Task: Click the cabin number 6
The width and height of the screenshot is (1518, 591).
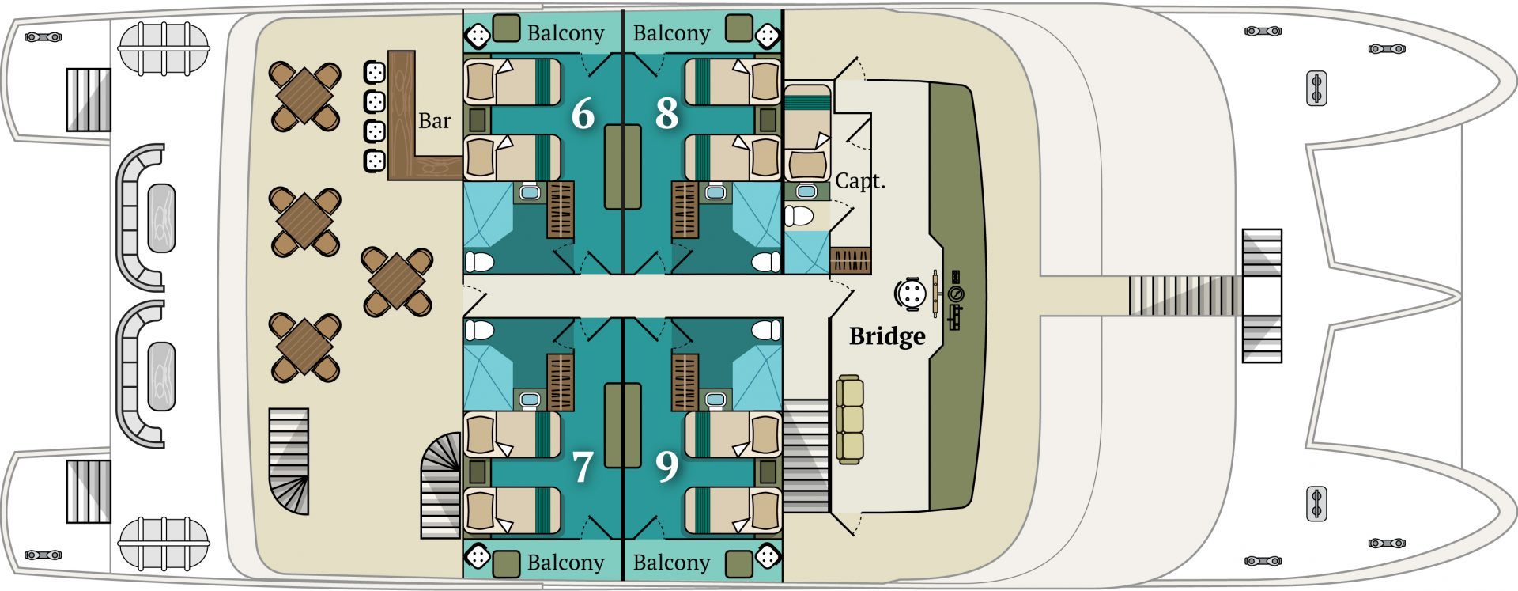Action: (x=583, y=114)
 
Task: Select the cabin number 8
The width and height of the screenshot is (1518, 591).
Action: (x=666, y=114)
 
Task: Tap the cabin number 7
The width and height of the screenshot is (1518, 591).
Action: (x=583, y=467)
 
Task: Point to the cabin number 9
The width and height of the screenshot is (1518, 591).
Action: (x=666, y=467)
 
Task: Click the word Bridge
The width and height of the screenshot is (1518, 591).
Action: (x=887, y=336)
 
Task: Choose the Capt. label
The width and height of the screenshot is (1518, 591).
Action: (x=859, y=181)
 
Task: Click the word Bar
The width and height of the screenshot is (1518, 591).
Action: (x=434, y=121)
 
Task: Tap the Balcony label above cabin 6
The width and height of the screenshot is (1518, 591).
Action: (x=565, y=33)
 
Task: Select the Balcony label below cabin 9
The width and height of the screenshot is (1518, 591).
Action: (x=671, y=563)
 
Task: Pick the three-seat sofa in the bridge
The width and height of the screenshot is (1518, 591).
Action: (x=850, y=419)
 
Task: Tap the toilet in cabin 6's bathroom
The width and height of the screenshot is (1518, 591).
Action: (x=479, y=261)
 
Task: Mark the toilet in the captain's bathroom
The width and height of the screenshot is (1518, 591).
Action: (x=800, y=215)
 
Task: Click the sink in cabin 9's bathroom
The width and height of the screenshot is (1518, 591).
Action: (x=716, y=400)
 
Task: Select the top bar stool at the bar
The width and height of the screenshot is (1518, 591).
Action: (x=374, y=73)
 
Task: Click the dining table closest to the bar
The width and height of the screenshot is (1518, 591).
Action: (x=304, y=97)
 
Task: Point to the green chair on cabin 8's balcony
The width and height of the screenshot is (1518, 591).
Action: (x=738, y=28)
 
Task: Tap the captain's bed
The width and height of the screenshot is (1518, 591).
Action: (x=807, y=135)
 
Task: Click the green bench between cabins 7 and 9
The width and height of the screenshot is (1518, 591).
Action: (x=623, y=425)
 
